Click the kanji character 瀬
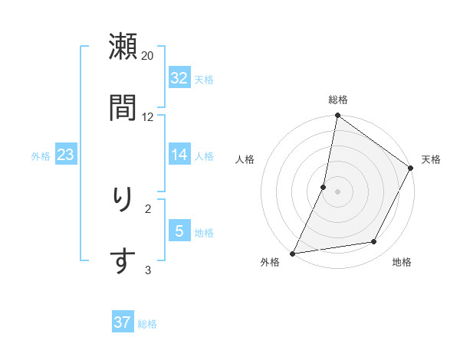(x=123, y=47)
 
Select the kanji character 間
(x=123, y=107)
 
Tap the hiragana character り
(x=123, y=200)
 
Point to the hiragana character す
(x=123, y=260)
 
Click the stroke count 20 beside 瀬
(x=148, y=55)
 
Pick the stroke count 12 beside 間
(x=148, y=116)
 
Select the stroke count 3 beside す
(x=149, y=270)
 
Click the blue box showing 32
(x=179, y=78)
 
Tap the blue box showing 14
(x=179, y=155)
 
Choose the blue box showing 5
(x=179, y=231)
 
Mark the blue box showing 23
(x=66, y=155)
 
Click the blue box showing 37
(x=123, y=322)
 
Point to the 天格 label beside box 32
(x=204, y=79)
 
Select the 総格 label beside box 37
(x=147, y=323)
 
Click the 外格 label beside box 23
(x=41, y=155)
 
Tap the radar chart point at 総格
(x=337, y=116)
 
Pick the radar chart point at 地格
(x=374, y=242)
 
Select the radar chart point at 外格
(x=292, y=253)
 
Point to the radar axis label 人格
(x=245, y=159)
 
